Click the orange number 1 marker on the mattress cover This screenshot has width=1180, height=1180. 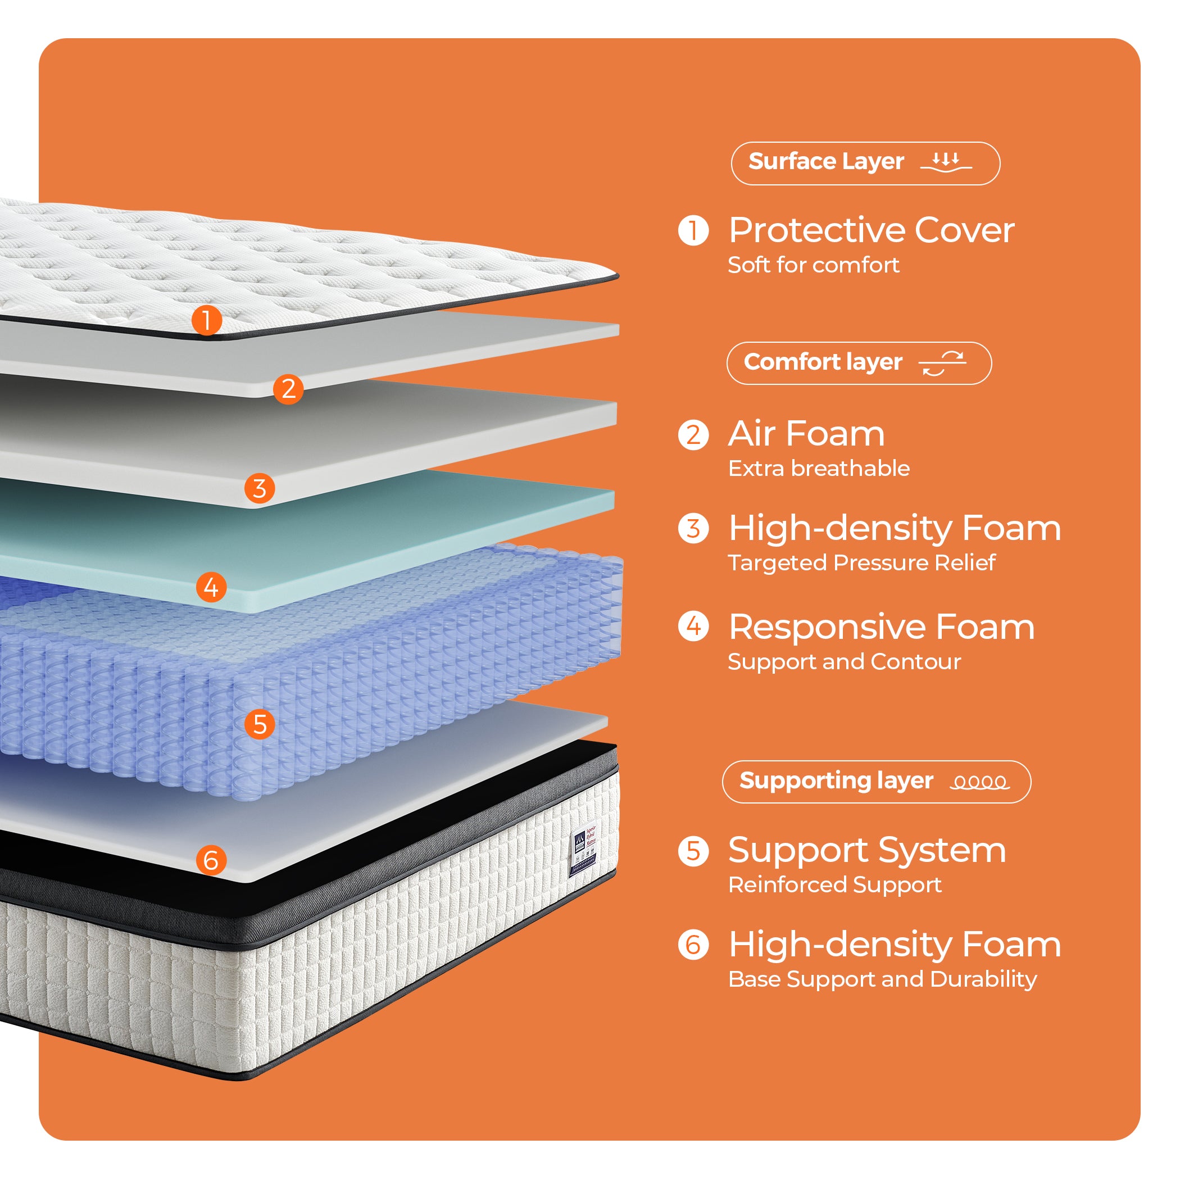pyautogui.click(x=206, y=320)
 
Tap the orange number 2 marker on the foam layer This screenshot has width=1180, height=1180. pyautogui.click(x=288, y=388)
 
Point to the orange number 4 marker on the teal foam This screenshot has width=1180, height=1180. pyautogui.click(x=211, y=587)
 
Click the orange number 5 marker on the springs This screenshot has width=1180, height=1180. pyautogui.click(x=260, y=724)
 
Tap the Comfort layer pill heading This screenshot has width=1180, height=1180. pyautogui.click(x=859, y=363)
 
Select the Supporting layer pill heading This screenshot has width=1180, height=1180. pyautogui.click(x=876, y=781)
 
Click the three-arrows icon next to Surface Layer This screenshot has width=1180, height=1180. pyautogui.click(x=946, y=162)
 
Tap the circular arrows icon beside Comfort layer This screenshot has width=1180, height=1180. pyautogui.click(x=942, y=364)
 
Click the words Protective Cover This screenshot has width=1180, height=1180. pyautogui.click(x=871, y=230)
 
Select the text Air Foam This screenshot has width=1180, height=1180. pyautogui.click(x=806, y=434)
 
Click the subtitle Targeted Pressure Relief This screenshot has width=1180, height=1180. pyautogui.click(x=861, y=562)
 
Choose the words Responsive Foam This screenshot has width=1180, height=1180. pyautogui.click(x=881, y=627)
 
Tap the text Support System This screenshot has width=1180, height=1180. pyautogui.click(x=866, y=850)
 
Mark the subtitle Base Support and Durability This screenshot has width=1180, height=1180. pyautogui.click(x=882, y=979)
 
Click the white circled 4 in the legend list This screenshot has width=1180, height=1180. pyautogui.click(x=693, y=626)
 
